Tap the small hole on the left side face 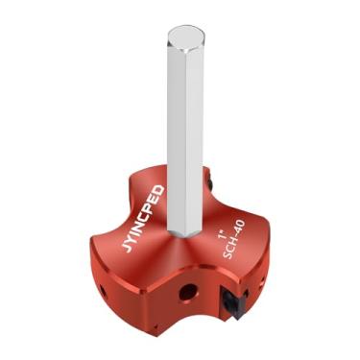click(100, 287)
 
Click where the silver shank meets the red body click(185, 235)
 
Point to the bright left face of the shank click(177, 134)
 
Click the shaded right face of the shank click(198, 134)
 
